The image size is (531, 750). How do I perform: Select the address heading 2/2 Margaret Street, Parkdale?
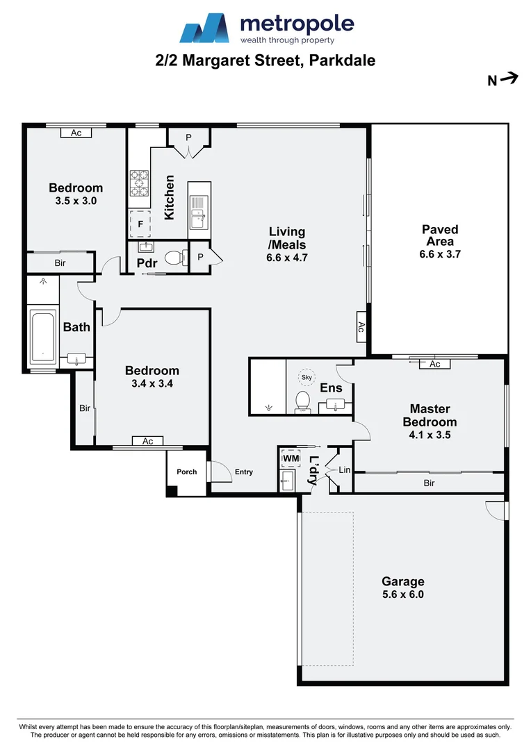click(265, 60)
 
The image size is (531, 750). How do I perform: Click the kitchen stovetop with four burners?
click(139, 183)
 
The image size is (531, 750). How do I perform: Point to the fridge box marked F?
click(140, 224)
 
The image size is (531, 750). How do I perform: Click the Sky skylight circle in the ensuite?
click(307, 377)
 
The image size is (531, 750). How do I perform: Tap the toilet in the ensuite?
click(303, 401)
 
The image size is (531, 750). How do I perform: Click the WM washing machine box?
click(290, 459)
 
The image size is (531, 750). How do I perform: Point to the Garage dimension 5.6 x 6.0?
click(402, 594)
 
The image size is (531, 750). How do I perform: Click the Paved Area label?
click(440, 235)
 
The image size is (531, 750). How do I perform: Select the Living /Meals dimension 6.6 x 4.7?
click(287, 257)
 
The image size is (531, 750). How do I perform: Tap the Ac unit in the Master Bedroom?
click(435, 364)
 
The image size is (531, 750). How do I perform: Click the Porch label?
click(186, 472)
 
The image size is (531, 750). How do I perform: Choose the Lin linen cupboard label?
click(344, 470)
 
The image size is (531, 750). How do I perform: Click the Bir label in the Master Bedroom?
click(429, 483)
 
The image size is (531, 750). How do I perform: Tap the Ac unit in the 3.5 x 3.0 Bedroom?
click(76, 133)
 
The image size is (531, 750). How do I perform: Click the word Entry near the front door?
click(244, 472)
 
